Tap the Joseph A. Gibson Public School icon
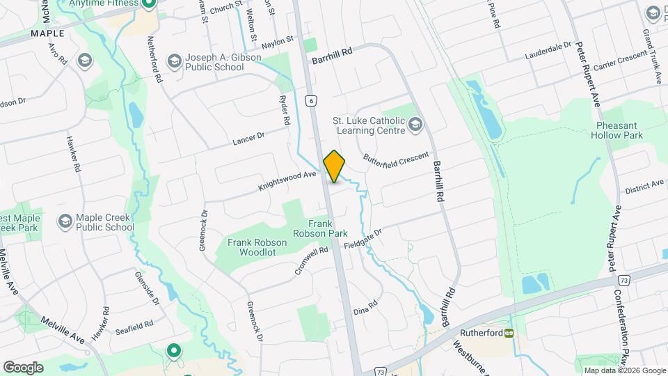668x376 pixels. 175,62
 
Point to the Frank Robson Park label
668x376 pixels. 328,229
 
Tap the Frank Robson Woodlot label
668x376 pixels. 253,247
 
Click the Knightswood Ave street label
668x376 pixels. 287,182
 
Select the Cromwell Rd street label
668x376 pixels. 311,260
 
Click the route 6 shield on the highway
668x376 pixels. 311,101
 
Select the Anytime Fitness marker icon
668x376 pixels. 148,3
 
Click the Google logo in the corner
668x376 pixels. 23,367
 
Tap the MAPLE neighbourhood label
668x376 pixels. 47,33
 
